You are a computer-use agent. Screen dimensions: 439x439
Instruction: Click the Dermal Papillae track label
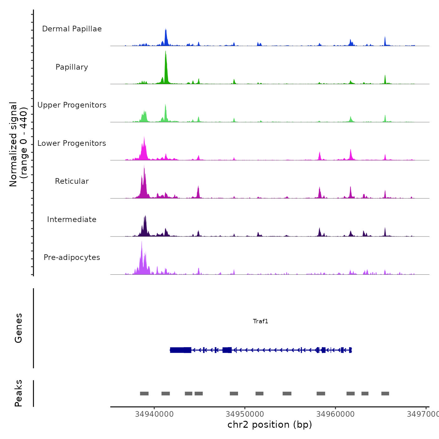point(72,29)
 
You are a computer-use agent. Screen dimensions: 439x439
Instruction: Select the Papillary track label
point(72,67)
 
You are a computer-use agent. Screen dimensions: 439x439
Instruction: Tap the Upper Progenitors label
point(72,105)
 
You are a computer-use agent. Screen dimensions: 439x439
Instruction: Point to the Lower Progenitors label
point(72,143)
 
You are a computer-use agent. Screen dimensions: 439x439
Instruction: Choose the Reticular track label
point(72,181)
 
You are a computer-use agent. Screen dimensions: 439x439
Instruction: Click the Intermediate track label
point(72,219)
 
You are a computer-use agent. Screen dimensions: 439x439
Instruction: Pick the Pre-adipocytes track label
point(72,257)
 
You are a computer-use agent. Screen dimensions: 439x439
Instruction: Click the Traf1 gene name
point(261,321)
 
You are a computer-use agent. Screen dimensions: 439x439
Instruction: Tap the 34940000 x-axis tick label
point(154,414)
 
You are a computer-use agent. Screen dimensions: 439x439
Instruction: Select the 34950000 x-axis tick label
point(245,414)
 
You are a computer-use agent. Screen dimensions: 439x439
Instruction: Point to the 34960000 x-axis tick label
point(336,414)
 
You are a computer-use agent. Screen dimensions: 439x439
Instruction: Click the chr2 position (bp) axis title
point(270,425)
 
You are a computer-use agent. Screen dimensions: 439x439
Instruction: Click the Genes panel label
point(19,328)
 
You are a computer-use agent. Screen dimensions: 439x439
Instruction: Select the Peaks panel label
point(19,393)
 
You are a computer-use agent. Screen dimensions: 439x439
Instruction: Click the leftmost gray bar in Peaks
point(144,394)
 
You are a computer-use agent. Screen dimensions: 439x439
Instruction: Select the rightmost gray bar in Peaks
point(385,394)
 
